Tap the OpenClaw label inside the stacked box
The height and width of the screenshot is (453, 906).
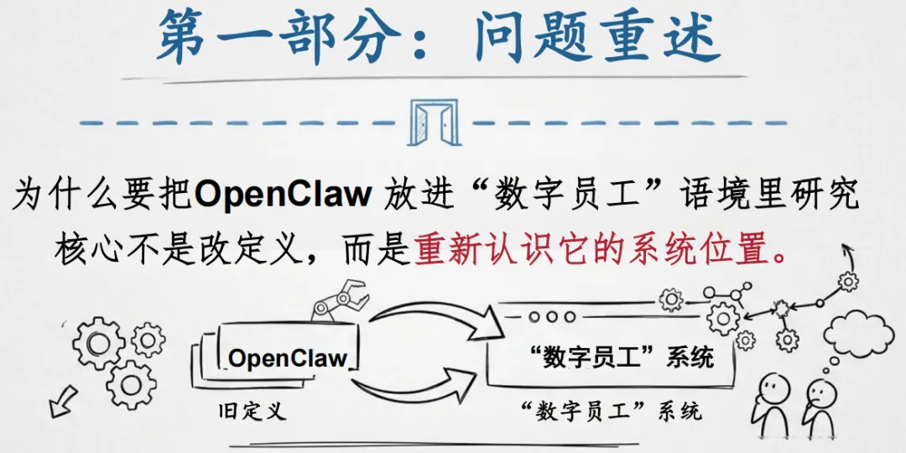coord(288,358)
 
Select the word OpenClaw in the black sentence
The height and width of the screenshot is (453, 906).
coord(283,195)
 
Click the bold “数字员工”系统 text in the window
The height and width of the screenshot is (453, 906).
coord(622,357)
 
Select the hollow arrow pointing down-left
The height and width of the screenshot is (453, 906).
coord(60,404)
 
